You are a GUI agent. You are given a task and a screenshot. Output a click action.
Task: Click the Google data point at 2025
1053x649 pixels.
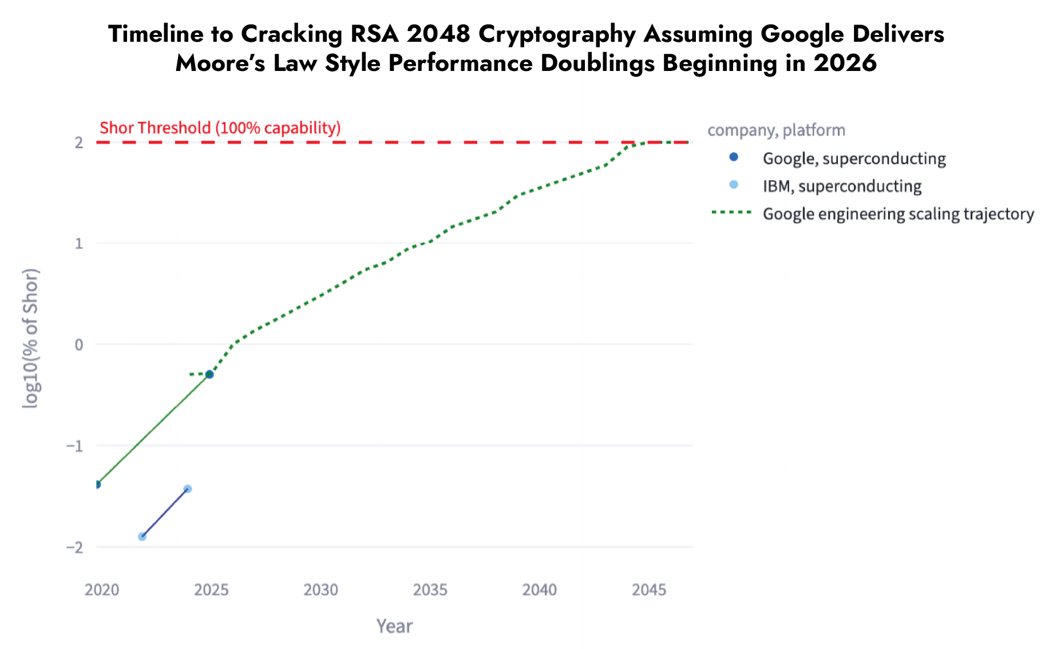pos(209,374)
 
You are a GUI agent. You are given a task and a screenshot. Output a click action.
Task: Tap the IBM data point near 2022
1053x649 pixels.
pos(142,536)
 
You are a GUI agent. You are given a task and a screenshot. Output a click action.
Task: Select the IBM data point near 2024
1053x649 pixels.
pos(187,489)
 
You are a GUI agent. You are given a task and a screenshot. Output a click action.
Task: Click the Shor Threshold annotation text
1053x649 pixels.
pos(220,128)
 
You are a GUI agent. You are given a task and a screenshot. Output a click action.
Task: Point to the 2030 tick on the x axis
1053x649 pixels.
pos(320,589)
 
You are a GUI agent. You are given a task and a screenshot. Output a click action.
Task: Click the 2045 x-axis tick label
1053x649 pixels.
pos(649,589)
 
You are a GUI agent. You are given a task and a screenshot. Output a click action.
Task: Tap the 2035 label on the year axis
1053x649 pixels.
pos(430,589)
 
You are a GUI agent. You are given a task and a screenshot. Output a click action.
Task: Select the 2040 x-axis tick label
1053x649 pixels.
pos(539,589)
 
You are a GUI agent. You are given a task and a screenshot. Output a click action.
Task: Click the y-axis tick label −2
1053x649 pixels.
pos(75,547)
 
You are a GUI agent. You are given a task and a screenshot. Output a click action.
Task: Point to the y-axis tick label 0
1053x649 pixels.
pos(79,345)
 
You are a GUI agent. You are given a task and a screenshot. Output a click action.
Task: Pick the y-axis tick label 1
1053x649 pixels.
pos(79,244)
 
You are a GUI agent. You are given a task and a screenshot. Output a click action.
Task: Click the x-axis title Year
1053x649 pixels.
pos(394,626)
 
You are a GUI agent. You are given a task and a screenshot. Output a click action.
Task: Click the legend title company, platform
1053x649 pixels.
pos(776,130)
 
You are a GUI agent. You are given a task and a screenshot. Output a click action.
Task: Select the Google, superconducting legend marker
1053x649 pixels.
pos(734,157)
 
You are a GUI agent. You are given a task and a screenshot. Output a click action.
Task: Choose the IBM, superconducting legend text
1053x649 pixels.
pos(842,186)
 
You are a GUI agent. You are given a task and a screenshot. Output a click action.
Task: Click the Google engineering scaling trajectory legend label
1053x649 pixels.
pos(898,214)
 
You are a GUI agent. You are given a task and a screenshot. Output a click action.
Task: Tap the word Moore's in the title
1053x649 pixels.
pos(220,63)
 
